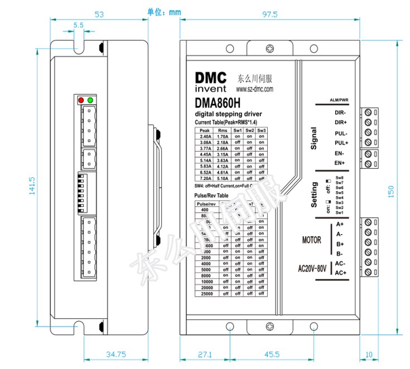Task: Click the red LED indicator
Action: (81, 100)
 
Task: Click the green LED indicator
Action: (90, 100)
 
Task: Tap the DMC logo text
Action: (211, 77)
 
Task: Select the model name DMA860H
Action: (218, 103)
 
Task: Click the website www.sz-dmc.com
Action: (254, 89)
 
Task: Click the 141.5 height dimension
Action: (32, 185)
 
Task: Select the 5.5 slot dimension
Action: (78, 25)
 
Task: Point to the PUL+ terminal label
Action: (341, 143)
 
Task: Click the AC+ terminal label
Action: (341, 273)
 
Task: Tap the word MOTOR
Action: (311, 240)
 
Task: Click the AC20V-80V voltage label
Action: (311, 268)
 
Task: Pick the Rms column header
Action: (223, 130)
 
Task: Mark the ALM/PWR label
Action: (339, 100)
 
